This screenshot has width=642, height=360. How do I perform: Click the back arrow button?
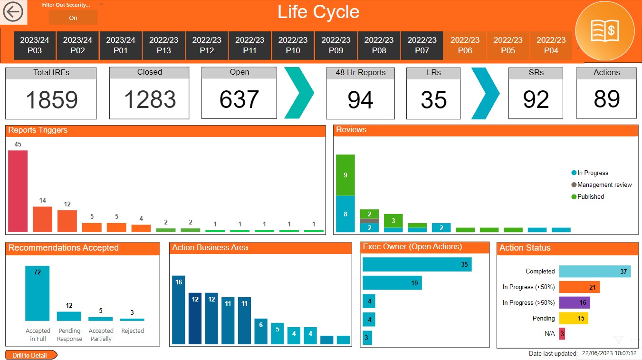pos(13,12)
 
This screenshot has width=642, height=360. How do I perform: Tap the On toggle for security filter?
pos(73,18)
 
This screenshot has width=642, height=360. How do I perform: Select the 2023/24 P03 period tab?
pos(35,45)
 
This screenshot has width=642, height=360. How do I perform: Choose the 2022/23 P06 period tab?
pos(465,45)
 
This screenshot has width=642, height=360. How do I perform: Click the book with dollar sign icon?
pos(604,30)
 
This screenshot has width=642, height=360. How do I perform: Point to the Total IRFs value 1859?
pos(51,100)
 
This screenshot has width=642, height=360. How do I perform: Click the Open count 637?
pos(239,99)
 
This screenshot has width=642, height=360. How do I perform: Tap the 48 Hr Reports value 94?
pos(360,100)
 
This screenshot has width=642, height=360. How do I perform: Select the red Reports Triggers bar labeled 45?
pos(18,191)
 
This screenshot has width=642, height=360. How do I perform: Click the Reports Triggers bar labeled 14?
pos(43,219)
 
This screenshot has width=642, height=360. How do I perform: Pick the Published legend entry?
pos(590,196)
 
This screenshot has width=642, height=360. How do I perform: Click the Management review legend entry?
pos(604,185)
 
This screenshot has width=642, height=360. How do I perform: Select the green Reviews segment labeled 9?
pos(345,175)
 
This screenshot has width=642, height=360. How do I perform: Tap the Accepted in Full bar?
pos(38,293)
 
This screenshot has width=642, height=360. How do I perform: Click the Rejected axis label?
pos(133,331)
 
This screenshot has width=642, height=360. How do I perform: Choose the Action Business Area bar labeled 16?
pos(179,310)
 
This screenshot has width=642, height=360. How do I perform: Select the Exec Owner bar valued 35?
pos(417,264)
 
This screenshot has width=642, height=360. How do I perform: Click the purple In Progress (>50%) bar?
pos(574,302)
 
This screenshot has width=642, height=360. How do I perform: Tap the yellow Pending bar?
pos(573,318)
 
